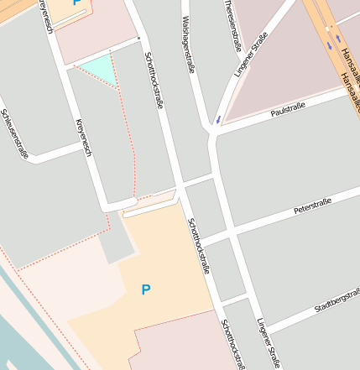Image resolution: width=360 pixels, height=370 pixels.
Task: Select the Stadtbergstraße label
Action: coord(337,301)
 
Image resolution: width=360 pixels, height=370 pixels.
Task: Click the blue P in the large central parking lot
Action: coord(146,290)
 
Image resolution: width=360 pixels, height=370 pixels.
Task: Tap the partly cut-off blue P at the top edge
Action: coord(77,3)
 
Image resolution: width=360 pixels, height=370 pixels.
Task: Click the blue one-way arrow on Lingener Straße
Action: coord(218,119)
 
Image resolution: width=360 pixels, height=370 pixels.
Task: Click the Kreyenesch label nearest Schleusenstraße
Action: coord(83,138)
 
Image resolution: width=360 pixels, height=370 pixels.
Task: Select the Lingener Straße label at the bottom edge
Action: coord(269,342)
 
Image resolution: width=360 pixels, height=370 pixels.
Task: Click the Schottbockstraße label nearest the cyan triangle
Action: coord(153,81)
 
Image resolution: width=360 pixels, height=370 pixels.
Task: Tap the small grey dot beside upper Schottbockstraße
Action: coord(138,39)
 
